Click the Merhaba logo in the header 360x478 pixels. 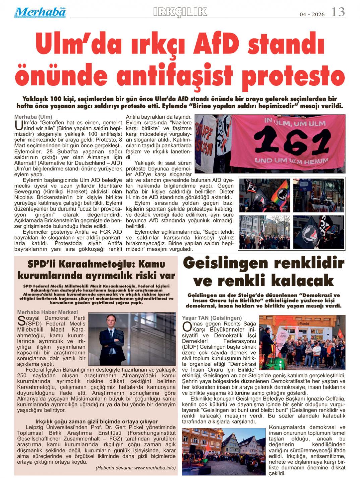[40, 12]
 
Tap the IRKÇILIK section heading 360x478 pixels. [180, 12]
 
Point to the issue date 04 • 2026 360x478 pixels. [312, 14]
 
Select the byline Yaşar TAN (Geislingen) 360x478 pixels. [212, 318]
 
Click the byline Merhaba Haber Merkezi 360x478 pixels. [48, 312]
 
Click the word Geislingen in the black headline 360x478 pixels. [226, 263]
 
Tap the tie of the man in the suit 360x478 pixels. [111, 341]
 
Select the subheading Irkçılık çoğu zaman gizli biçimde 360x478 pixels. [96, 421]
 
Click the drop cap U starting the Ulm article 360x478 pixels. [19, 125]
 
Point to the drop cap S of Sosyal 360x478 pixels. [21, 321]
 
